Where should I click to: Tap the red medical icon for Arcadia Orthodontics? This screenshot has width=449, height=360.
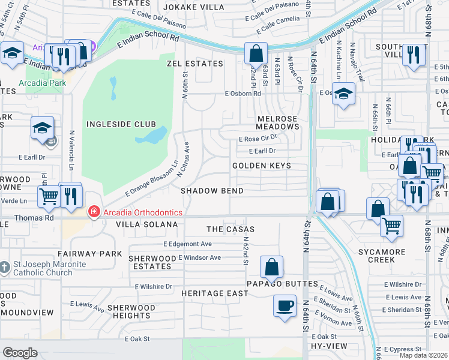93,212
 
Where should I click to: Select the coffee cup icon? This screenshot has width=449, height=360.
285,305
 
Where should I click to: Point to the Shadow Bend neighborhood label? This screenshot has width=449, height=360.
212,191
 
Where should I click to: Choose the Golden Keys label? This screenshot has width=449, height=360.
262,166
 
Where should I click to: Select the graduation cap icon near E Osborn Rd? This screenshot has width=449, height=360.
343,94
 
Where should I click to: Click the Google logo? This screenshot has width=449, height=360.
20,353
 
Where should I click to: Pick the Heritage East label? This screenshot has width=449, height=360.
215,293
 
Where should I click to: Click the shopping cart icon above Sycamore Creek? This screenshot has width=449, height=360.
391,226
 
